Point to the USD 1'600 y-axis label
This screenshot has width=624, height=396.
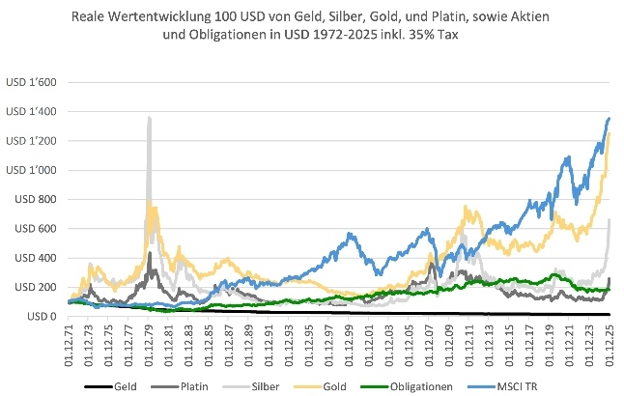point(33,83)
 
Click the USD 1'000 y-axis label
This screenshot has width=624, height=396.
point(33,171)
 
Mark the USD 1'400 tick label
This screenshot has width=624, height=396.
point(33,112)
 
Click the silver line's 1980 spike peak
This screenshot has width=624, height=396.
point(149,118)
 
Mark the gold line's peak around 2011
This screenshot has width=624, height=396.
point(467,206)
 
